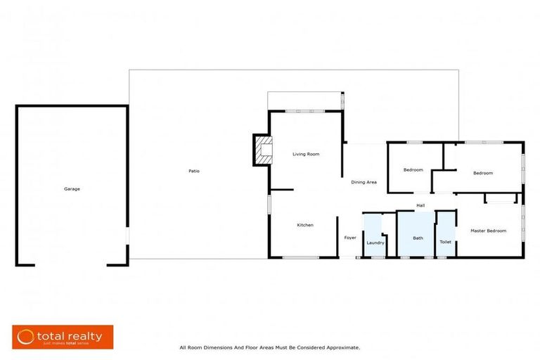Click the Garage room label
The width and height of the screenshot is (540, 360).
(x=72, y=188)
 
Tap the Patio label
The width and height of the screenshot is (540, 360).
(x=193, y=172)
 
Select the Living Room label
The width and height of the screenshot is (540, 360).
(x=307, y=153)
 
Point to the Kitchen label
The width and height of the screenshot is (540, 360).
(x=304, y=225)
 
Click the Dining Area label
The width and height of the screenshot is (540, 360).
(x=364, y=182)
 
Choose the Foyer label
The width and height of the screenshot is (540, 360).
(x=350, y=238)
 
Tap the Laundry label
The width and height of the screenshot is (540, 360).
(x=375, y=243)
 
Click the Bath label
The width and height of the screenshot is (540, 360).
(x=418, y=238)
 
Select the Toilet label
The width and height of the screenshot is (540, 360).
(x=445, y=242)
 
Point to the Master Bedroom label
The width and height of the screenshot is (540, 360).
(x=488, y=231)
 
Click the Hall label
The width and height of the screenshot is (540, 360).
(x=420, y=205)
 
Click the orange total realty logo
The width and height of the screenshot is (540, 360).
(x=63, y=337)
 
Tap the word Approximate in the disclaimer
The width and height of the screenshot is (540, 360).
(x=342, y=347)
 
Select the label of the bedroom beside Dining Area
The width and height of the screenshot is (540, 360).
(x=413, y=170)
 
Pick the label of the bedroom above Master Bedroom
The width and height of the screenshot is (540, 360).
(x=483, y=173)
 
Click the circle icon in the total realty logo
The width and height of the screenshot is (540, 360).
(x=26, y=337)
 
